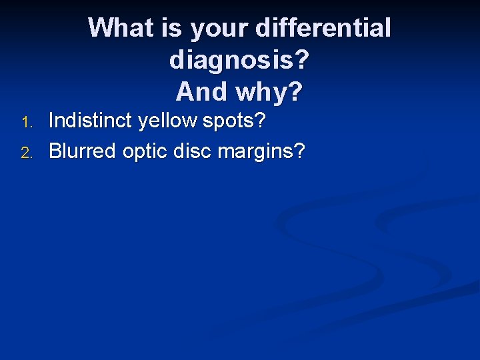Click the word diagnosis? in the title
239,60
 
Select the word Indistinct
91,121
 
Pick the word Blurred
83,151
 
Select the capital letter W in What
100,28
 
